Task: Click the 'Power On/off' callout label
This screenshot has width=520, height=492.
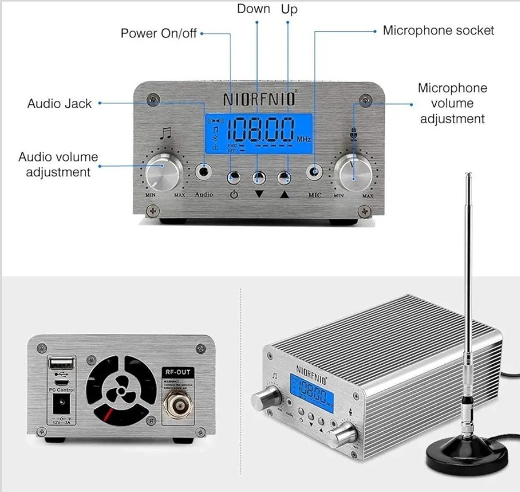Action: (159, 33)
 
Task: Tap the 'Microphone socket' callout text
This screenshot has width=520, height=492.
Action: (438, 30)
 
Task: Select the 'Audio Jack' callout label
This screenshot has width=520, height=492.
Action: (59, 103)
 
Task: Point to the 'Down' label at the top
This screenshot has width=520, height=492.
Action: (254, 9)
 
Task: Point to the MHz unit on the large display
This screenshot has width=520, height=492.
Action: (304, 140)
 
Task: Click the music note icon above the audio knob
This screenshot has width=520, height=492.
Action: (165, 134)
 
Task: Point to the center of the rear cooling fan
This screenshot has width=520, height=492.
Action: (121, 390)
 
